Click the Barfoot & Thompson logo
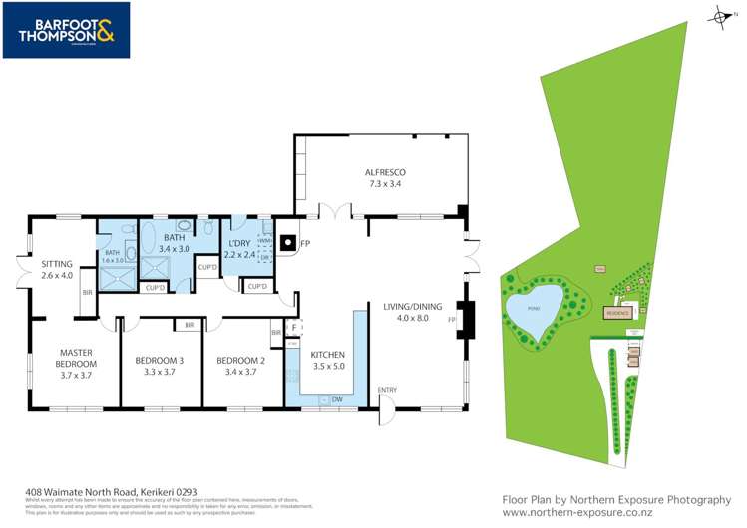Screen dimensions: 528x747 point(66,30)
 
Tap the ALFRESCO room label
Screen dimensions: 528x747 point(385,172)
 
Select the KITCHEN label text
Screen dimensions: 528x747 point(327,354)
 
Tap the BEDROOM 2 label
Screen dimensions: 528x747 point(240,360)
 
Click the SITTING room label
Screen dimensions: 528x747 point(57,264)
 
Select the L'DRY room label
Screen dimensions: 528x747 point(239,244)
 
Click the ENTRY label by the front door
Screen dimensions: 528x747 point(388,390)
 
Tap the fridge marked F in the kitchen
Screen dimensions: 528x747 point(294,327)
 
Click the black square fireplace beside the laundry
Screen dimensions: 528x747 point(287,242)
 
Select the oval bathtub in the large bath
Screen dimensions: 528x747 point(149,239)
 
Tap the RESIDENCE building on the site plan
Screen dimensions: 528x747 point(619,313)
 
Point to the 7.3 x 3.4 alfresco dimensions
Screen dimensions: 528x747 point(385,184)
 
